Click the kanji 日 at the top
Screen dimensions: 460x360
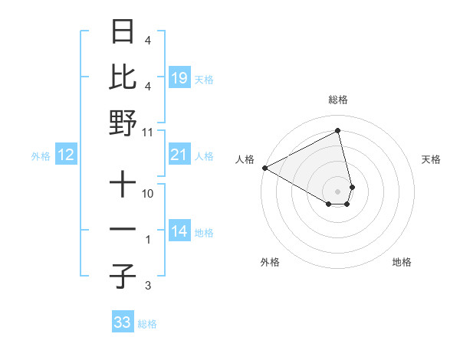(123, 33)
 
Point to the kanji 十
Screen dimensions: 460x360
(123, 185)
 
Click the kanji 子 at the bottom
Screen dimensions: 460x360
(123, 277)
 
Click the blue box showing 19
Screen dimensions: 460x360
(179, 77)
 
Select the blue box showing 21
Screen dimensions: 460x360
(179, 155)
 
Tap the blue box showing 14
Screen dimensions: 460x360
(179, 232)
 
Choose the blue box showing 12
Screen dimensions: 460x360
(65, 155)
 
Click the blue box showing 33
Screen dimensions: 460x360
(122, 322)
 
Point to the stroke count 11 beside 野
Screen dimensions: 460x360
(148, 131)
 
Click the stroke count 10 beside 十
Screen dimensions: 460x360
(148, 194)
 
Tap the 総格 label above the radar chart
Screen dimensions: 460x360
(338, 100)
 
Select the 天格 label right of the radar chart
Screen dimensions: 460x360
(432, 159)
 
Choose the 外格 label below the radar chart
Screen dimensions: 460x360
(269, 263)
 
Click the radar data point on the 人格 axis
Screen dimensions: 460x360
(264, 168)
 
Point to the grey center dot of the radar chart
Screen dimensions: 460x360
(338, 191)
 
